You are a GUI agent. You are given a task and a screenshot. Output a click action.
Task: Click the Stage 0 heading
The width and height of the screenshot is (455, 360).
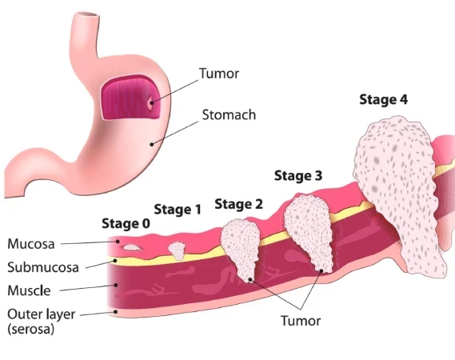coord(126,224)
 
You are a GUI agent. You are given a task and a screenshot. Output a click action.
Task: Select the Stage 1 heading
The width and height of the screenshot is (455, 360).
coord(178,210)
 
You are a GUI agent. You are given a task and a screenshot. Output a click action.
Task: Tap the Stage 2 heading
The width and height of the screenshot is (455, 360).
coord(238,204)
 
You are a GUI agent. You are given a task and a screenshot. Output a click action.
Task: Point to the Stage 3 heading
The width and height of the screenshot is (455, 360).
coord(298,176)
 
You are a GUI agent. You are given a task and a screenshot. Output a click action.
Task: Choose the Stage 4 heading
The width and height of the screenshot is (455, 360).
coord(383,99)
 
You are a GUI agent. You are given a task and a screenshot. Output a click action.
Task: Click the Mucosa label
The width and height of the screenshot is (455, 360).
coord(31,244)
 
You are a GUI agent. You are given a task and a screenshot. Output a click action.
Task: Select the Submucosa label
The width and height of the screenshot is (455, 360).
coord(43,267)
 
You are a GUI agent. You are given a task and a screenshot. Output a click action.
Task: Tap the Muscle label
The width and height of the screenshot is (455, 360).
coord(29,290)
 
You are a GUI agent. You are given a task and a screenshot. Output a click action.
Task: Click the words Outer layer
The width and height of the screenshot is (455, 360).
coord(42,314)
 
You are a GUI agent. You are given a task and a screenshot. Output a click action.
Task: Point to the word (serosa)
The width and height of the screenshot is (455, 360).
coord(30,330)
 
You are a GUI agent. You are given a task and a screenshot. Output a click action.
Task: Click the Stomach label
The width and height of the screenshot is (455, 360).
coord(229,115)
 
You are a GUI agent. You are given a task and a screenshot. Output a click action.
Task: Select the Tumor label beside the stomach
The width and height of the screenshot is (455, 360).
coord(219,74)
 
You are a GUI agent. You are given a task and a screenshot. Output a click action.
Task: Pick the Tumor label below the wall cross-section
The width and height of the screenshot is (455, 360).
coord(301,321)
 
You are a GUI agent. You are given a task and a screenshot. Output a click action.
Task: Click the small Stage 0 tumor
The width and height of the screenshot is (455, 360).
coord(132,247)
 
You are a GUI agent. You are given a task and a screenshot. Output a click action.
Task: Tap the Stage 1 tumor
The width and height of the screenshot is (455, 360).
coord(177,251)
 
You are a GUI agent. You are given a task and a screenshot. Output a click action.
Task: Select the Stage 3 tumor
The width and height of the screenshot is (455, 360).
coord(309,232)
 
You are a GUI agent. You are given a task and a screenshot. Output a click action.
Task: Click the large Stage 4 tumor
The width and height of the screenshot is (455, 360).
coord(397,194)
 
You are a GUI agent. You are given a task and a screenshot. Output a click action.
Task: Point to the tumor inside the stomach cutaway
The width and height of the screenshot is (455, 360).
coord(150,103)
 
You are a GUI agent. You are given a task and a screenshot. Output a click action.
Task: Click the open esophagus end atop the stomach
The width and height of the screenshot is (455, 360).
coord(86,16)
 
